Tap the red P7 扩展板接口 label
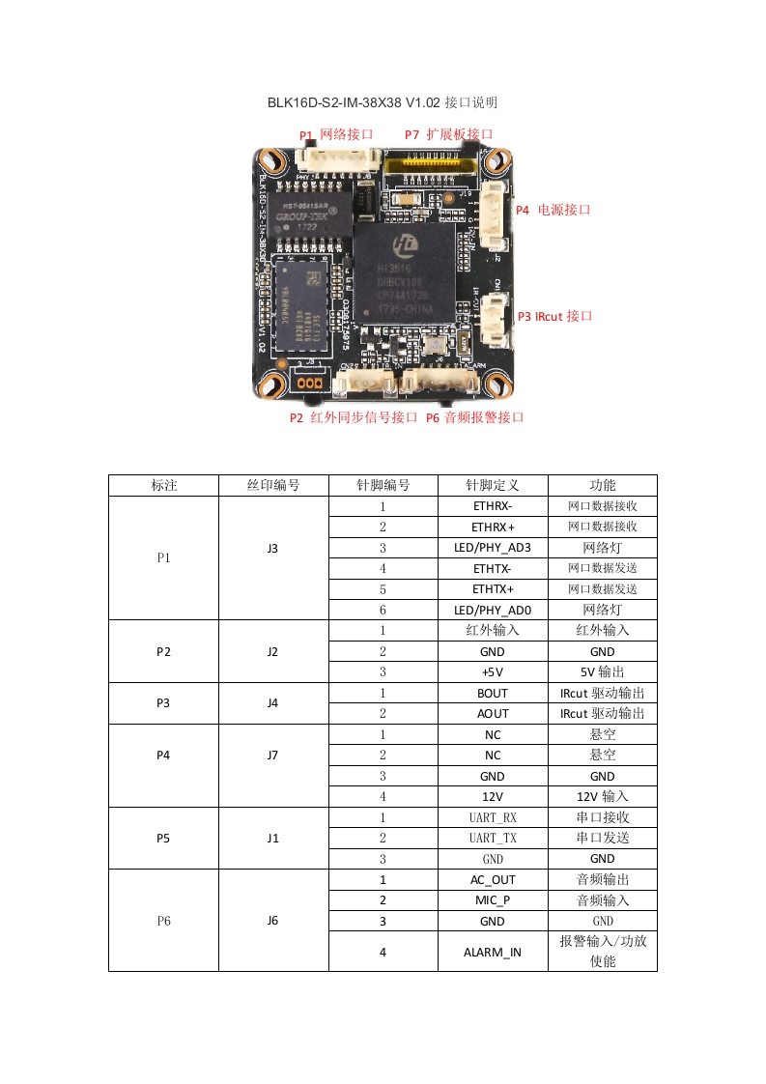[449, 134]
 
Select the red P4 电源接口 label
[553, 209]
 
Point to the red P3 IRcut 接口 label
[554, 316]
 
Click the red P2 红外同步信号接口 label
[354, 417]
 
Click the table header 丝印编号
[273, 485]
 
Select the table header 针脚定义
[493, 485]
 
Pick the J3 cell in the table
[273, 548]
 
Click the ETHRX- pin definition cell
[493, 506]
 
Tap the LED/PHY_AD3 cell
[493, 548]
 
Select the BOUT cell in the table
[493, 693]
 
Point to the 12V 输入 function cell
[602, 796]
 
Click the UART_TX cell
[493, 838]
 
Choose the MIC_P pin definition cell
[493, 899]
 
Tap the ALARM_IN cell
[493, 952]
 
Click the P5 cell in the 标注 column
[164, 838]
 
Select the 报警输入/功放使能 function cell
[602, 952]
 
